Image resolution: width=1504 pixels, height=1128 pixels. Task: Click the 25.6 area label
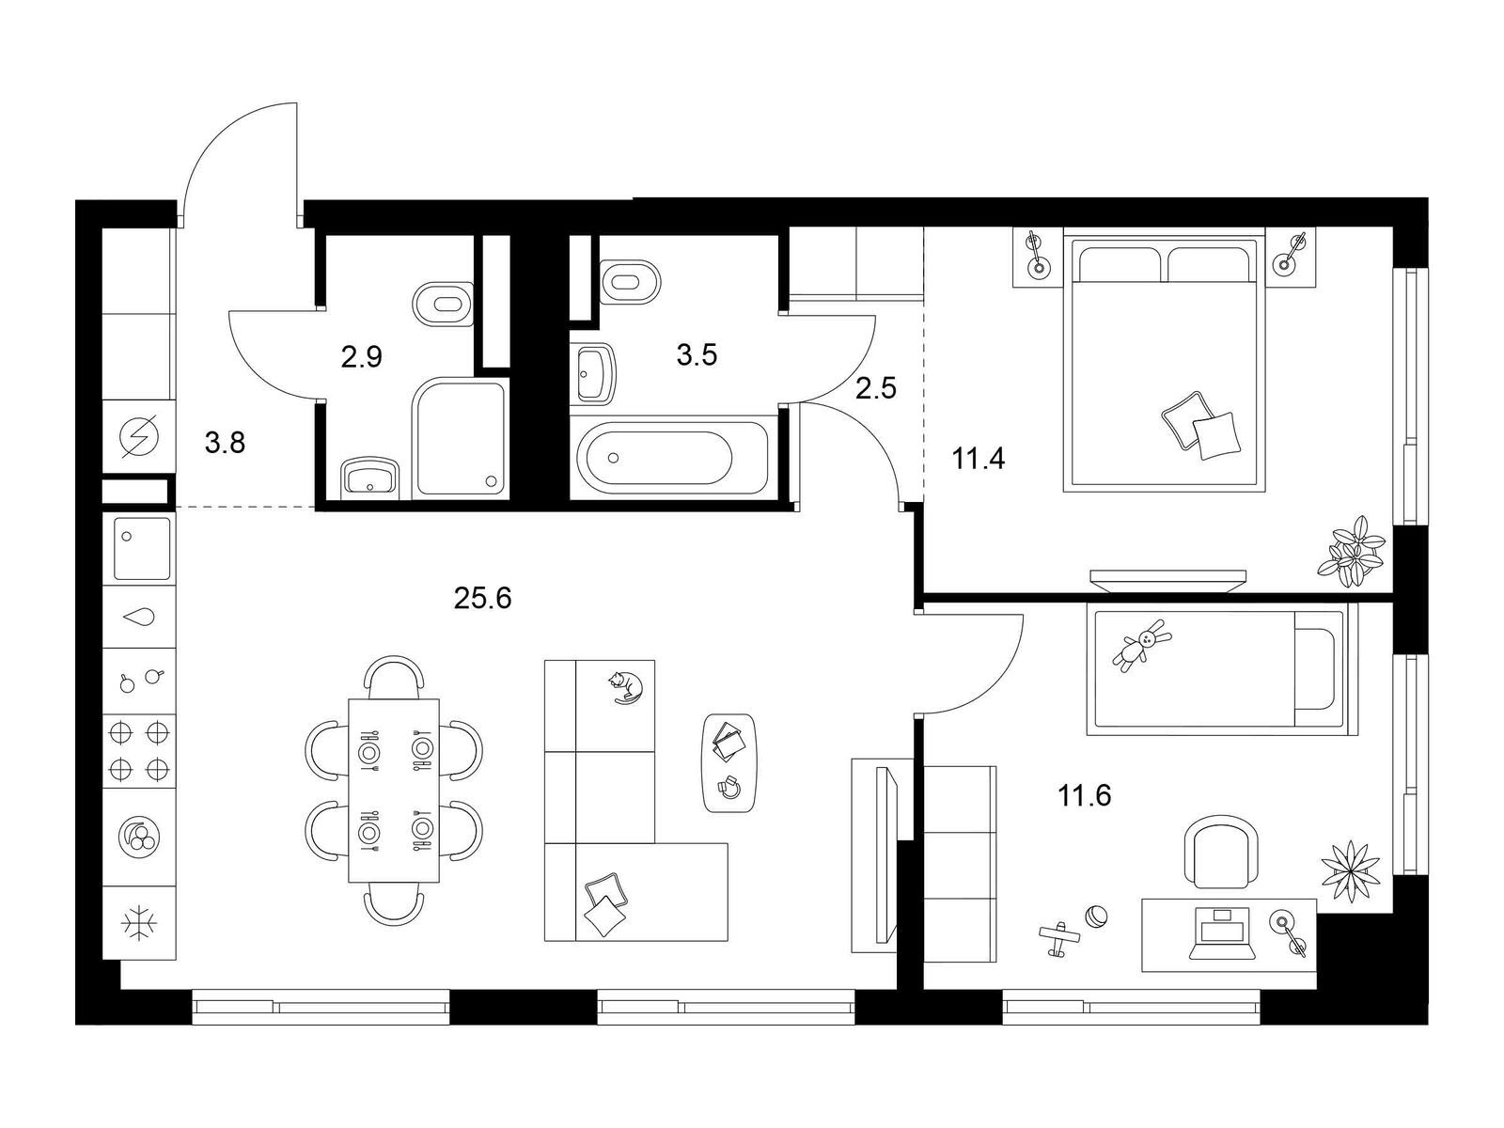click(482, 599)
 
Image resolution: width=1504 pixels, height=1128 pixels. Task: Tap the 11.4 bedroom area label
click(979, 458)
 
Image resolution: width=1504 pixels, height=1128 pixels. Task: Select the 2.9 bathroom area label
click(361, 357)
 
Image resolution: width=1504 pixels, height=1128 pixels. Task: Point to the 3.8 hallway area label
click(225, 443)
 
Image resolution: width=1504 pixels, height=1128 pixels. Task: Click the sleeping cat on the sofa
click(625, 688)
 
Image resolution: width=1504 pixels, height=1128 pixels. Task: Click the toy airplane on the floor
click(1059, 939)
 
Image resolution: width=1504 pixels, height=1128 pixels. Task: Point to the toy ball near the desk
click(1096, 916)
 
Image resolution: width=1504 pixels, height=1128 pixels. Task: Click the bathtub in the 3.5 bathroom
click(671, 458)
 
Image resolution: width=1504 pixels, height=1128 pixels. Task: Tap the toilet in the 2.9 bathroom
click(444, 304)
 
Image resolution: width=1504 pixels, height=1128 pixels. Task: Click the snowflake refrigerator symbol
click(139, 924)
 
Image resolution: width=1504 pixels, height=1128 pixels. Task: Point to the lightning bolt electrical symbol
click(139, 436)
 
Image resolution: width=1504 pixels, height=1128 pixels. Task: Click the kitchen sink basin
click(141, 549)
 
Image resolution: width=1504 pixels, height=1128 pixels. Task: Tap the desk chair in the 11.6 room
click(1222, 852)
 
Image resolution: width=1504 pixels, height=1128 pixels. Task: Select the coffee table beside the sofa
click(729, 763)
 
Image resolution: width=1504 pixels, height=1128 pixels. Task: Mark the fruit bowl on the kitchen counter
click(139, 836)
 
